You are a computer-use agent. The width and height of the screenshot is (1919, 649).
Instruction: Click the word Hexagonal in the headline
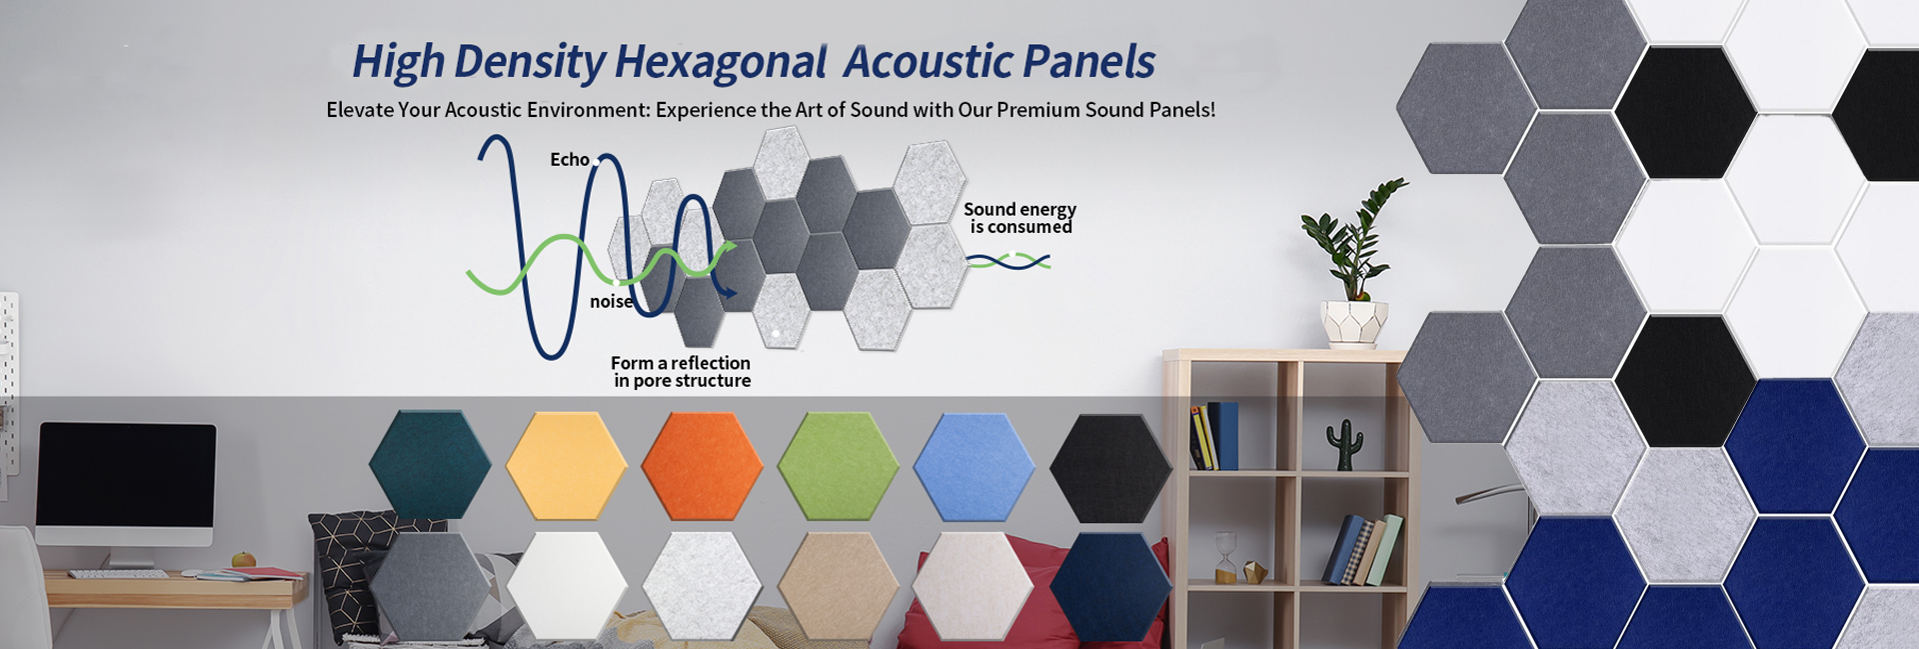click(x=720, y=62)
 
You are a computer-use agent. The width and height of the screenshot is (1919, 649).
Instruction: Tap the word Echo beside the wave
click(x=570, y=160)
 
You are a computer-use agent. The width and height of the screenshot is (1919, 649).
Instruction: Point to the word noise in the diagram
click(x=611, y=302)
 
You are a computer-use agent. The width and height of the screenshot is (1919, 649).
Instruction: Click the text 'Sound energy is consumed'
click(x=1019, y=218)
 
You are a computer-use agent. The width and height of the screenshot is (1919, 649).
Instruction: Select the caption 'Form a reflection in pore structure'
click(x=682, y=372)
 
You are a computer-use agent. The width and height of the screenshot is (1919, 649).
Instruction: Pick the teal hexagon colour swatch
click(x=430, y=465)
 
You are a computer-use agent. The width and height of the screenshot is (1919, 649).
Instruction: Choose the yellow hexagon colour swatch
click(x=566, y=466)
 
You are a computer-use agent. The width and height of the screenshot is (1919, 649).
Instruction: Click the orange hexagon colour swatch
click(x=702, y=466)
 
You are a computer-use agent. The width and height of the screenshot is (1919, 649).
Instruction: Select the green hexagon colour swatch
click(x=839, y=466)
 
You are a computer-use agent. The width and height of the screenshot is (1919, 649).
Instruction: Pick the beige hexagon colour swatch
click(x=839, y=586)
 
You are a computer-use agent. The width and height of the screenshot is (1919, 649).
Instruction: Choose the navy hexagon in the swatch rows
click(x=1109, y=587)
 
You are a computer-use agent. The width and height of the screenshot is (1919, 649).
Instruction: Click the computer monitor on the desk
click(x=126, y=484)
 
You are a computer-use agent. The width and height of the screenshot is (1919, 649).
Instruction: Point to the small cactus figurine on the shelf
click(x=1344, y=444)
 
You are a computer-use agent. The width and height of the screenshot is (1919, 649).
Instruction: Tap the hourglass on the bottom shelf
click(x=1225, y=557)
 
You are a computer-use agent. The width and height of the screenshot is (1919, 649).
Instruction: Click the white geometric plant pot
click(x=1354, y=323)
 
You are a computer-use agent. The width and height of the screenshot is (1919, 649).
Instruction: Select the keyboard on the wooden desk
click(x=118, y=574)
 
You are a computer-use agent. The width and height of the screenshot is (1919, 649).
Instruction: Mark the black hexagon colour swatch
click(x=1109, y=468)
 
